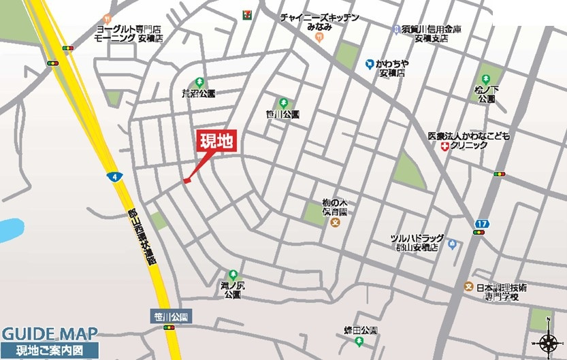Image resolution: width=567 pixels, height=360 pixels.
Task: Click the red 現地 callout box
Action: coord(216,142)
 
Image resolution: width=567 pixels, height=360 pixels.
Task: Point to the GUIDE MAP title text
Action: coord(49,334)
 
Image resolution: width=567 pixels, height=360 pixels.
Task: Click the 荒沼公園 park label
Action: coord(199,93)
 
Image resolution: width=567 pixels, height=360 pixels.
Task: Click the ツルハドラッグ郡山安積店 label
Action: coord(417,242)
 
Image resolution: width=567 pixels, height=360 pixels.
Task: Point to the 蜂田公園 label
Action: coord(360,330)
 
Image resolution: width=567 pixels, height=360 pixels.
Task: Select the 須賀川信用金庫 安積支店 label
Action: coord(425,33)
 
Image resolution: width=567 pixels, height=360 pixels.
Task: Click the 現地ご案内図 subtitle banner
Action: coord(49,351)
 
